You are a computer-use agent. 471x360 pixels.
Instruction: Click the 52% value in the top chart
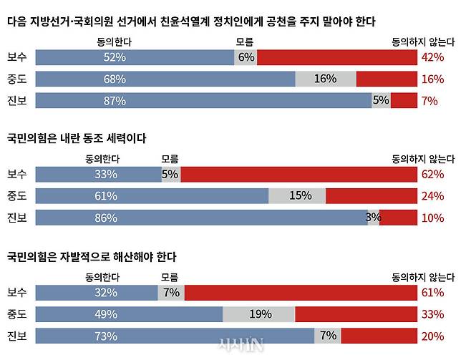[115, 57]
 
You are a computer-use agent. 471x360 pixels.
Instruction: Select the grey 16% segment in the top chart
[326, 79]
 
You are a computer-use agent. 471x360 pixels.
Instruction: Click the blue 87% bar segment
[203, 101]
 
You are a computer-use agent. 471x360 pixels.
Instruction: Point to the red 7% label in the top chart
[429, 101]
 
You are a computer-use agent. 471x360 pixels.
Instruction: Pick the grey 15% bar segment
[297, 195]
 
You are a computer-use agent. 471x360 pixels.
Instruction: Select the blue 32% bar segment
[96, 292]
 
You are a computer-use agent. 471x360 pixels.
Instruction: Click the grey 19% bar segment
[259, 313]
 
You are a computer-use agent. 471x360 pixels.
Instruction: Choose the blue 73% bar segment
[175, 336]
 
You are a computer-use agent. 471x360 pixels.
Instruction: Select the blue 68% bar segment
[165, 79]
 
